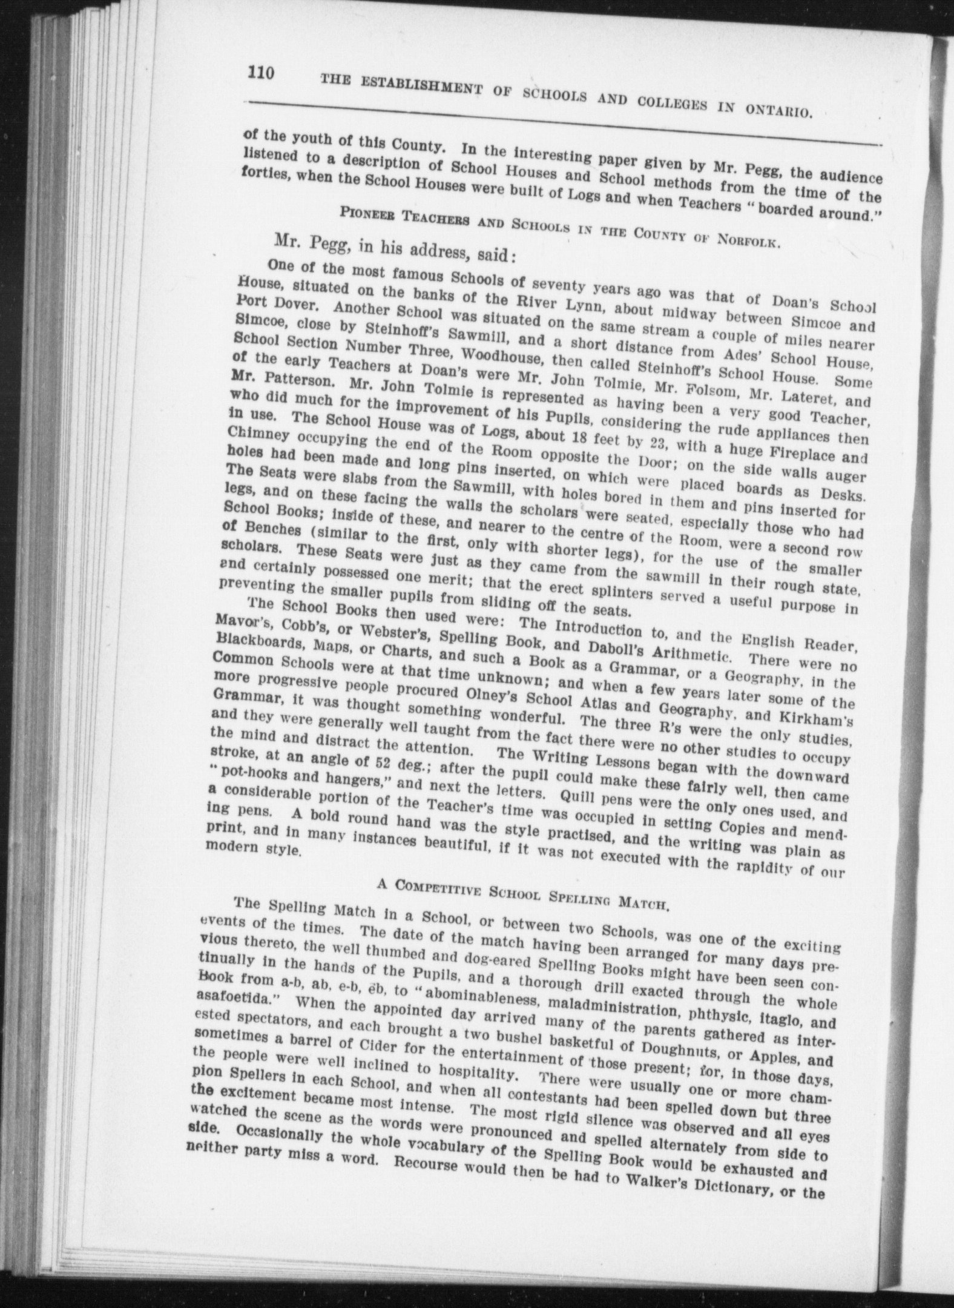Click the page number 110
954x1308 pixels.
[260, 74]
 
